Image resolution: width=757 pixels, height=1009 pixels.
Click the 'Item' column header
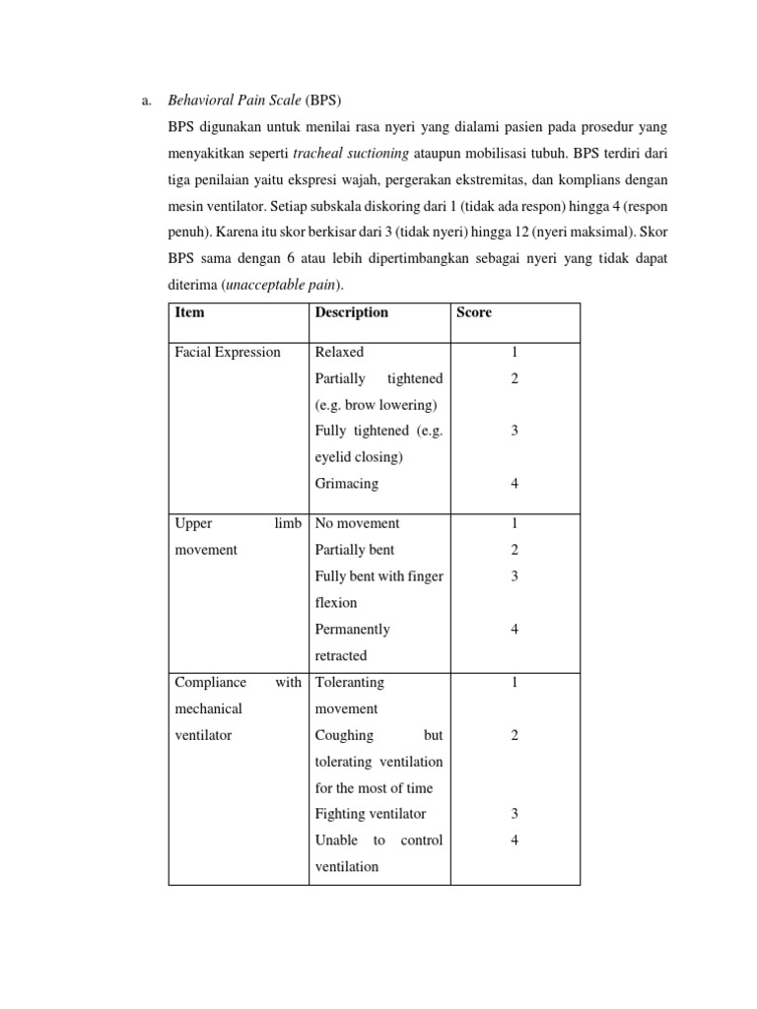(x=190, y=313)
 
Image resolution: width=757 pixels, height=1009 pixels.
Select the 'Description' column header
(x=351, y=313)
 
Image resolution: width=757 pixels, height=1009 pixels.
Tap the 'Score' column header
(x=473, y=313)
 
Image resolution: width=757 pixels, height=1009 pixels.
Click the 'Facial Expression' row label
(x=227, y=353)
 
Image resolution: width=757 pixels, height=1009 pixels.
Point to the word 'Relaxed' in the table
(x=339, y=353)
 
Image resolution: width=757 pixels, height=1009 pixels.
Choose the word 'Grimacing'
(x=346, y=484)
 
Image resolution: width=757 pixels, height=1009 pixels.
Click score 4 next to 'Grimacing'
(x=515, y=484)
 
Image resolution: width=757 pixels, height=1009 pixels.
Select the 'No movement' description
(x=357, y=523)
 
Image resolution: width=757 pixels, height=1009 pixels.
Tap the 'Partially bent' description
(x=354, y=550)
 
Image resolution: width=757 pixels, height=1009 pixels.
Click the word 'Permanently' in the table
(x=352, y=629)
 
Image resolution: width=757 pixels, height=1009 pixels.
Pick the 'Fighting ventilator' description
(x=370, y=813)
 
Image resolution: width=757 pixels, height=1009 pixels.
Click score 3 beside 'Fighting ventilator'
(x=515, y=813)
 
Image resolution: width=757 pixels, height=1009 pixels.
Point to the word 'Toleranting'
(x=349, y=682)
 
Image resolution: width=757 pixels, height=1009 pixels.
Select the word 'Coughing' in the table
(x=344, y=735)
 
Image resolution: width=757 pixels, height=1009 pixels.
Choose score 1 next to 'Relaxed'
(x=515, y=353)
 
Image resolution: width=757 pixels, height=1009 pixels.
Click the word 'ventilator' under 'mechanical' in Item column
(x=203, y=735)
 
